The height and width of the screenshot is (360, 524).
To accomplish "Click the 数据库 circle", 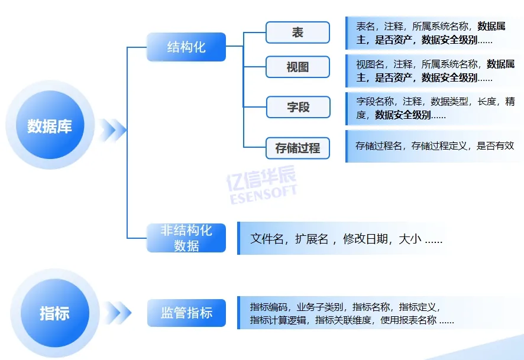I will pyautogui.click(x=49, y=125).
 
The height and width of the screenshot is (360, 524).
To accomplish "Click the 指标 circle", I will pyautogui.click(x=54, y=313).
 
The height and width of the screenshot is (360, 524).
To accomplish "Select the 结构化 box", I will pyautogui.click(x=186, y=47).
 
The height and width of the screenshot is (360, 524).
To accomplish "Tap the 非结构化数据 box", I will pyautogui.click(x=186, y=238).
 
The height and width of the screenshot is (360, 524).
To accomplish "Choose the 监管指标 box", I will pyautogui.click(x=186, y=313).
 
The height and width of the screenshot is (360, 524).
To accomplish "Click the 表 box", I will pyautogui.click(x=297, y=33).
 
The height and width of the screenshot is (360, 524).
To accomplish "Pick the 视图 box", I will pyautogui.click(x=297, y=67).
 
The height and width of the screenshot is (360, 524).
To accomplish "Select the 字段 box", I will pyautogui.click(x=297, y=108).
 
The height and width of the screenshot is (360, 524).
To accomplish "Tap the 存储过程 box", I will pyautogui.click(x=297, y=148).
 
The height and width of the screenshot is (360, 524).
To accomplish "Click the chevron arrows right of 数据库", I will pyautogui.click(x=114, y=129).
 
